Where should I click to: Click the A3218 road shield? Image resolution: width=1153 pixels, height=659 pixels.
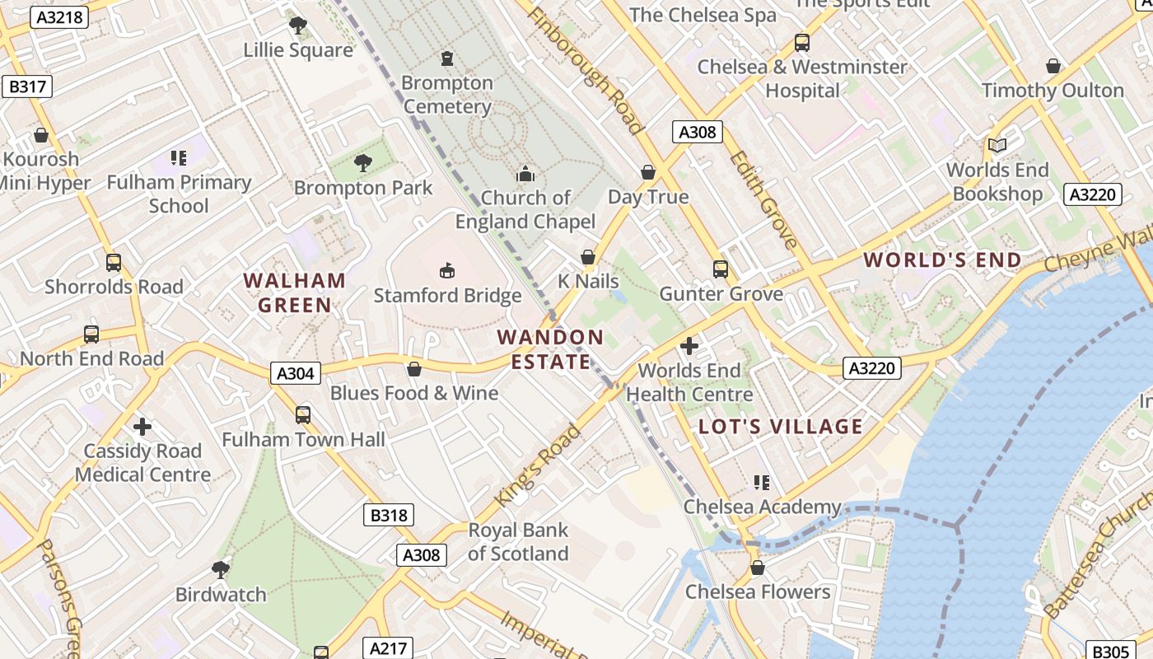tap(58, 16)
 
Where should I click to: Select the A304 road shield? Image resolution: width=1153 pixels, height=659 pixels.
tap(295, 373)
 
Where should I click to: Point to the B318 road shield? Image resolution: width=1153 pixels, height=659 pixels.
tap(388, 516)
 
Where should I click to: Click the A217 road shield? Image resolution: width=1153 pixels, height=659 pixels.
tap(388, 648)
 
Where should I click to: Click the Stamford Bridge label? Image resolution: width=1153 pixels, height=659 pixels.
tap(447, 295)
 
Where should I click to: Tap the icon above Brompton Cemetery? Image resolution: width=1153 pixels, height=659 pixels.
tap(447, 58)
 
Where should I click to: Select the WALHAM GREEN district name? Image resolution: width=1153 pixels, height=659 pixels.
tap(295, 292)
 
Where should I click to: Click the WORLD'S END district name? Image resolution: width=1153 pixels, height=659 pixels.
tap(942, 260)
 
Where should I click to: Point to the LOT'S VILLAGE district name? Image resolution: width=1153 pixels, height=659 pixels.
tap(780, 426)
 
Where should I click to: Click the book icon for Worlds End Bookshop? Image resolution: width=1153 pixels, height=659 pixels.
tap(997, 146)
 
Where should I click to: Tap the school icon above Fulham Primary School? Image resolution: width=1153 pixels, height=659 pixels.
tap(179, 157)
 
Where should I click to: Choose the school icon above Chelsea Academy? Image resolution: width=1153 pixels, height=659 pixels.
tap(762, 482)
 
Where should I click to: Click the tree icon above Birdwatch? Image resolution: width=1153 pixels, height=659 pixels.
tap(220, 569)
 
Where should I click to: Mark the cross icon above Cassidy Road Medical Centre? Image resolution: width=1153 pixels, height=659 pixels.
tap(142, 427)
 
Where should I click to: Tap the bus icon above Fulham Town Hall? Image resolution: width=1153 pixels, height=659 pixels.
tap(303, 414)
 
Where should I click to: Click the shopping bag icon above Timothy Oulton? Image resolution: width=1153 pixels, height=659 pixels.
tap(1053, 66)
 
